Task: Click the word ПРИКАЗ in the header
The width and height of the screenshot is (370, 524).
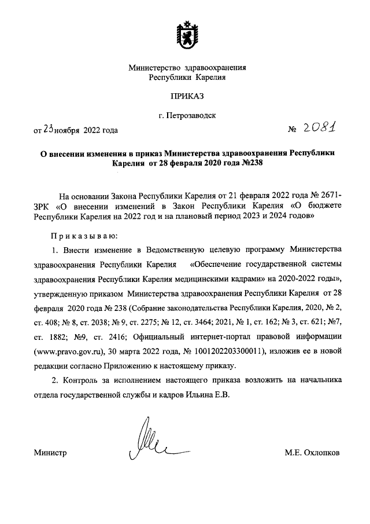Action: click(187, 95)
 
